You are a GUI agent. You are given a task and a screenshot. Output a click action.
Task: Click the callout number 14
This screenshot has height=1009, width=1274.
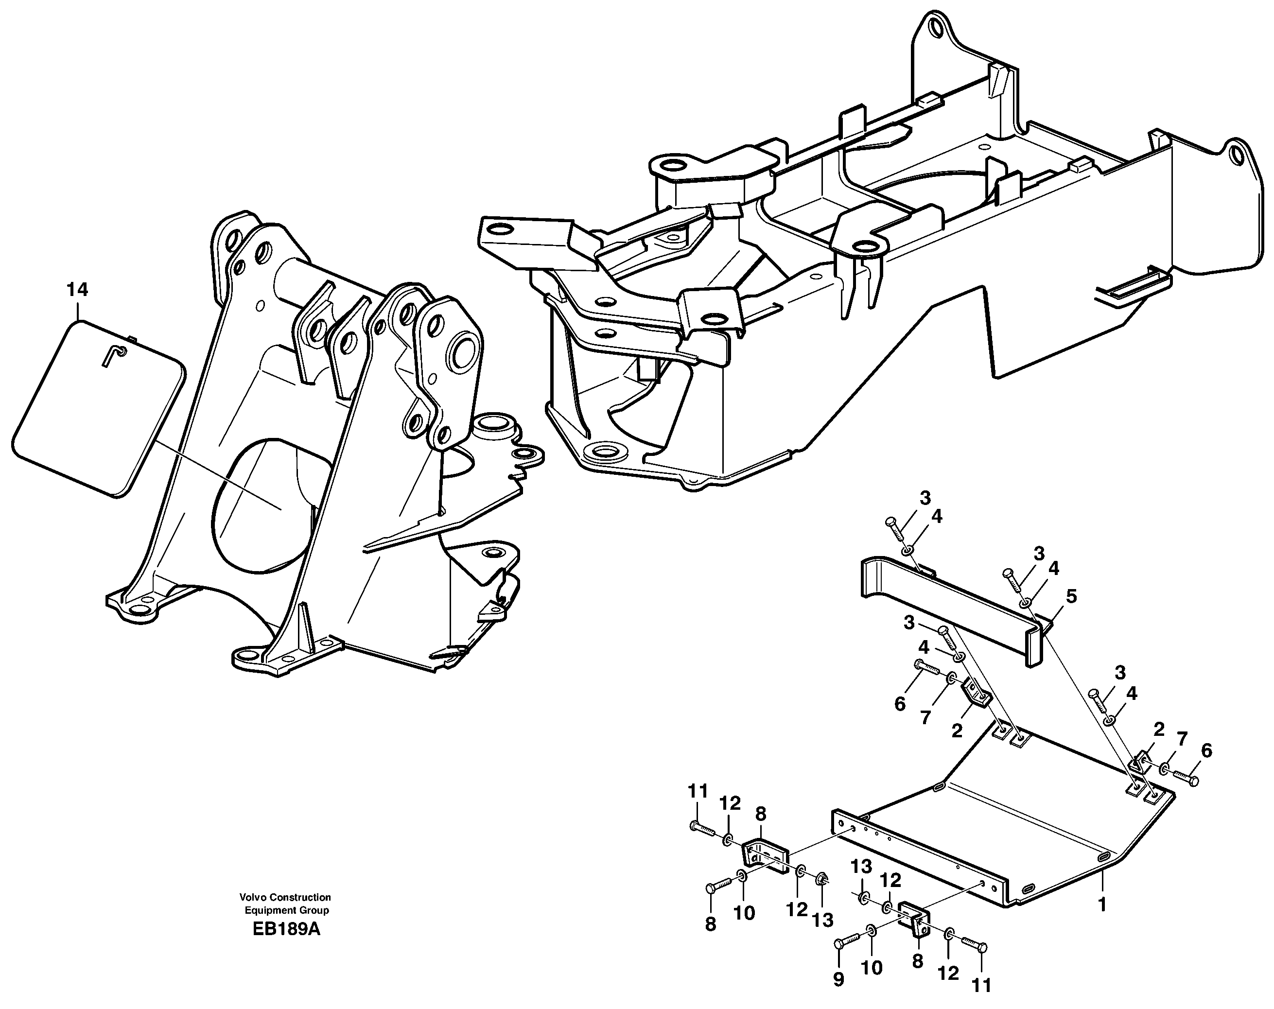coord(77,290)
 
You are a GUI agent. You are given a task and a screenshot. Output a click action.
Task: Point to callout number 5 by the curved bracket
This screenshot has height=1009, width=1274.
coord(1071,597)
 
